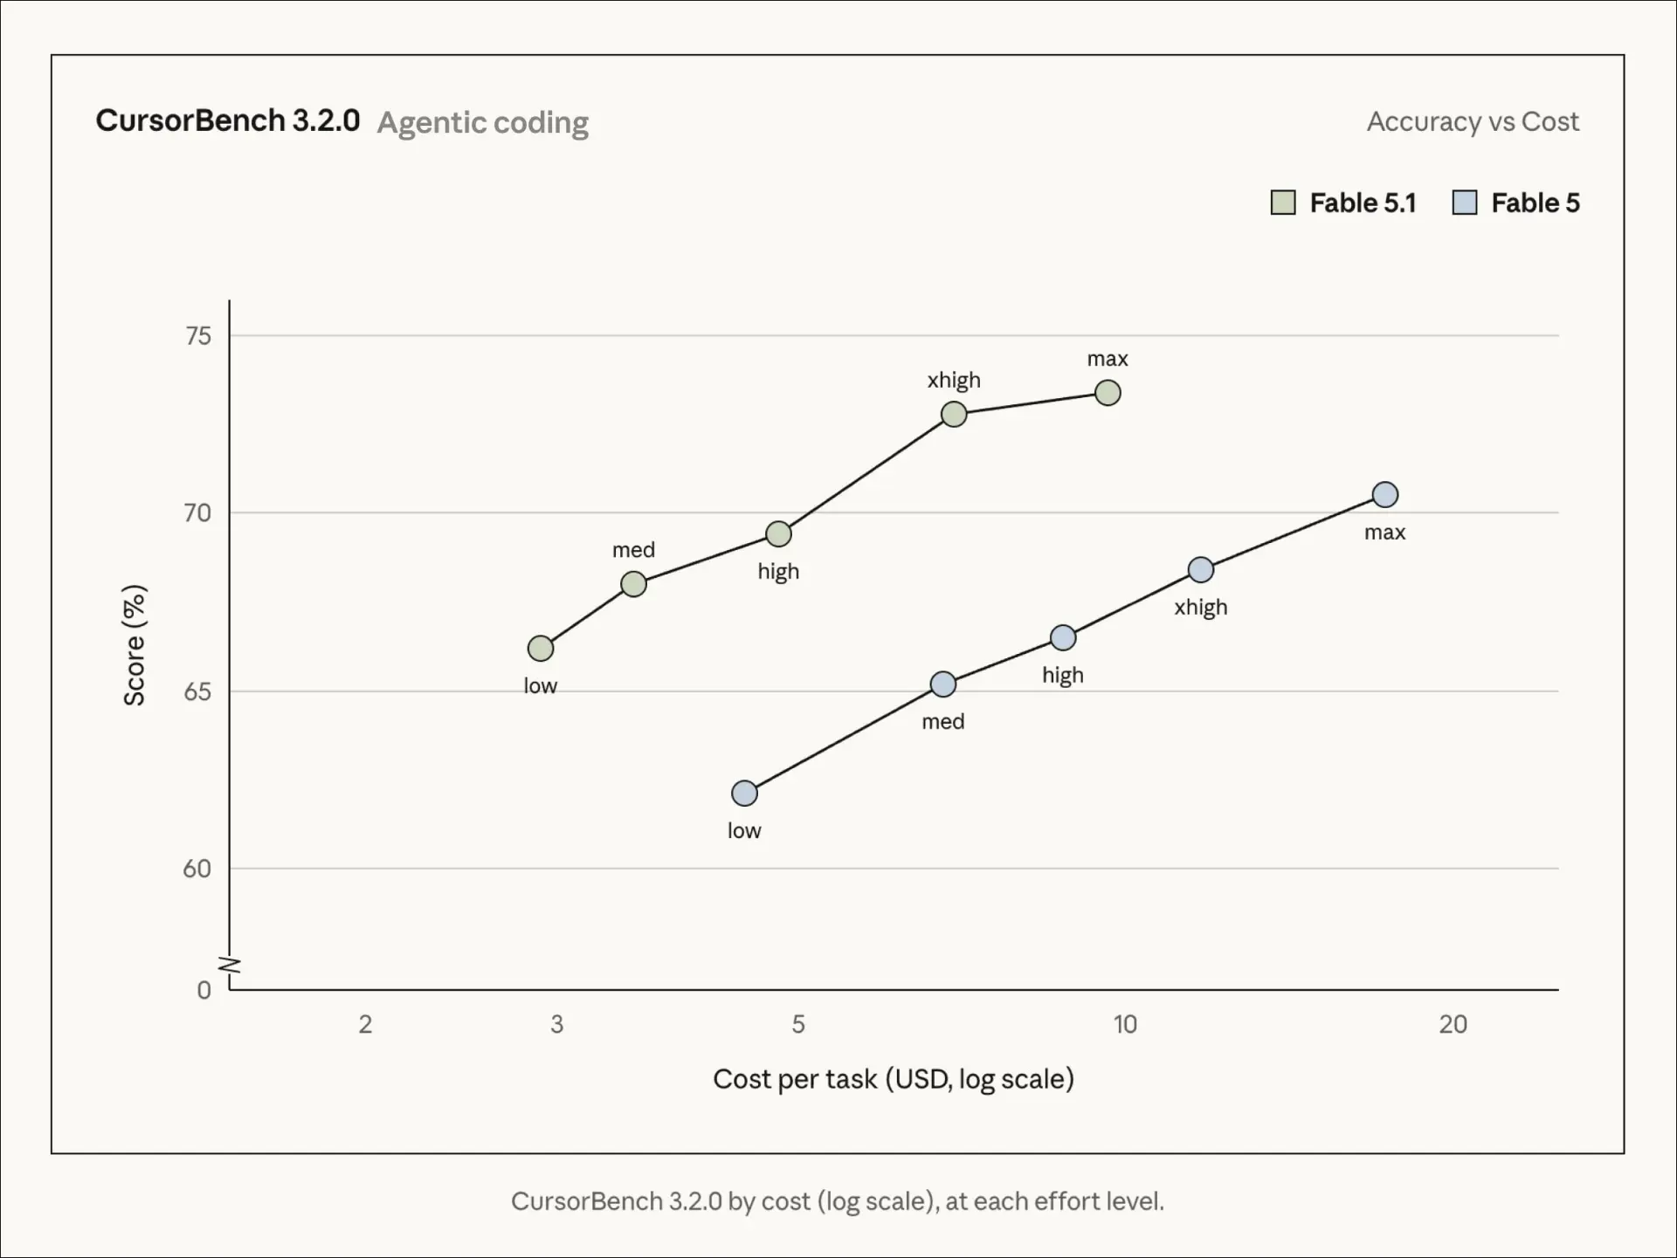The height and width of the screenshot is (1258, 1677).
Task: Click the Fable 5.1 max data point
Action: pos(1108,393)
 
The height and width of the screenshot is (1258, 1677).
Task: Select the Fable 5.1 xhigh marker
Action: pos(954,414)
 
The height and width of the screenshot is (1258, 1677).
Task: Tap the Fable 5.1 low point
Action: pos(541,649)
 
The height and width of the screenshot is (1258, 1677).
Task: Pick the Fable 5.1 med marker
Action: pos(633,584)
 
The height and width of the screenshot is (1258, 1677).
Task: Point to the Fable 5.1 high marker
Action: pos(778,534)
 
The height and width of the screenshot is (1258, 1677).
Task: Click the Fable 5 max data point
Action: pos(1385,495)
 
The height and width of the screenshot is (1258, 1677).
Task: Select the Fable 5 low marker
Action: pos(744,794)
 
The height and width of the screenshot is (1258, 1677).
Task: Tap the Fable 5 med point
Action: pos(943,684)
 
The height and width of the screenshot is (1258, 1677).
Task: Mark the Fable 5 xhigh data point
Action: pos(1201,570)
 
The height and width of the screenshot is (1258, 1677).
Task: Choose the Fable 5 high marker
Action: pos(1063,638)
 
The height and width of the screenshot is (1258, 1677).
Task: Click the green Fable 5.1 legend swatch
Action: pos(1283,203)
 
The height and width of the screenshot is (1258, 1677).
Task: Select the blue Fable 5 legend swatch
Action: pos(1465,203)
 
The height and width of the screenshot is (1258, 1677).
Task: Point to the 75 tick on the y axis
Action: pos(198,336)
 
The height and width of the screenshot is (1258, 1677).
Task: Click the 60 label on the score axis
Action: pos(197,869)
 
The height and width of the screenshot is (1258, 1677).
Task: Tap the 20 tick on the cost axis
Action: pos(1453,1024)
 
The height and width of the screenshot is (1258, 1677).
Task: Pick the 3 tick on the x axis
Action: pos(557,1024)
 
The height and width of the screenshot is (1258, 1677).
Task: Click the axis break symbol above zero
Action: pos(230,966)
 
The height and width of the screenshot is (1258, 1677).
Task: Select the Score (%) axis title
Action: pos(135,645)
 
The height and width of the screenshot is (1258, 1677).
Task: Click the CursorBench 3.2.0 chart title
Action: pos(228,120)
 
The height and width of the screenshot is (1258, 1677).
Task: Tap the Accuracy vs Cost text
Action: pos(1473,121)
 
